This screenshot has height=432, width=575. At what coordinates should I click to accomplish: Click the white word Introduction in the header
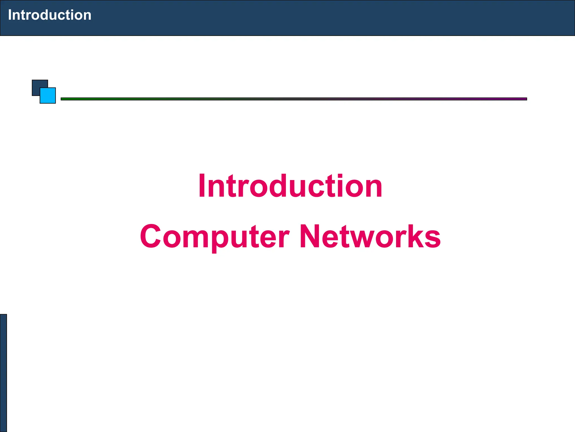pos(50,15)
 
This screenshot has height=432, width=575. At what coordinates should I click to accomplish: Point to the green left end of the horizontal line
pos(67,99)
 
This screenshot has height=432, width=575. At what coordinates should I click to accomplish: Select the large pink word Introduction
pos(290,186)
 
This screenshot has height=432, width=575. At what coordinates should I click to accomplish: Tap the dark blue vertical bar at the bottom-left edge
pos(3,373)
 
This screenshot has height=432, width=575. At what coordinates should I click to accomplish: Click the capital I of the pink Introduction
pos(201,186)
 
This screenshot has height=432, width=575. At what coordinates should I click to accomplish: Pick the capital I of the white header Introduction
pos(10,15)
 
